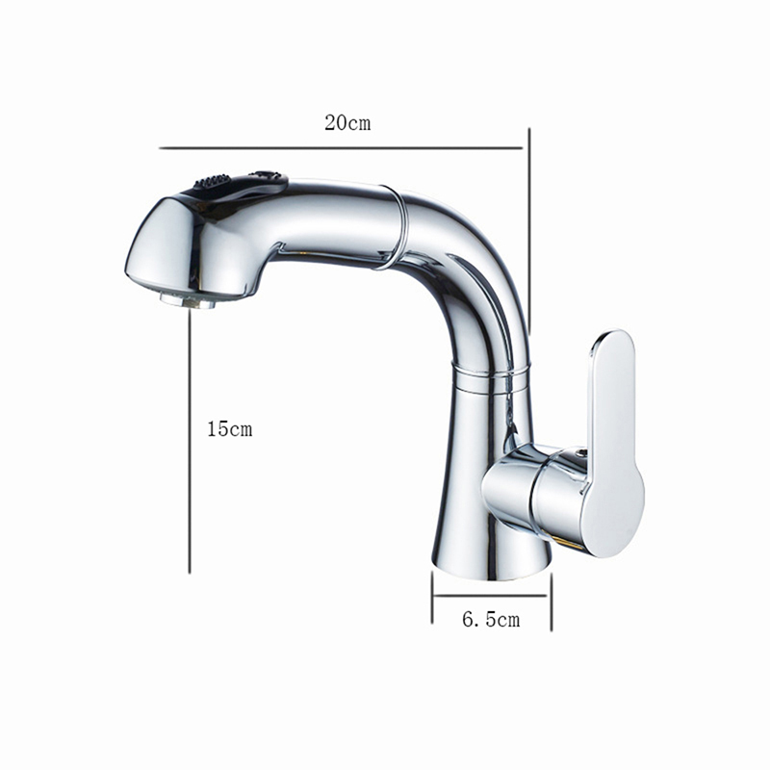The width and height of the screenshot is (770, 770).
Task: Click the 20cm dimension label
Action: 347,123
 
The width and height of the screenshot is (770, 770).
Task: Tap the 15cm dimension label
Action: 229,429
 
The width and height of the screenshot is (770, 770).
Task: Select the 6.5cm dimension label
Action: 491,619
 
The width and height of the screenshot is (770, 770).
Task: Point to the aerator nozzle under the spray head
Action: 188,300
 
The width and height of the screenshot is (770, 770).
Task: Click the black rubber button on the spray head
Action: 212,182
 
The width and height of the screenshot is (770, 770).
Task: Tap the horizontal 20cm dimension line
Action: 341,147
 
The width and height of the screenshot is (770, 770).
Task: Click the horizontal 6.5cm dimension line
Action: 490,596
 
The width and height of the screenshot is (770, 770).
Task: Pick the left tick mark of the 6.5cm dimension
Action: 432,598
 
